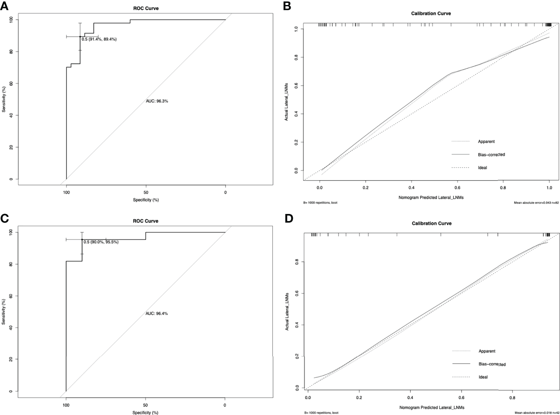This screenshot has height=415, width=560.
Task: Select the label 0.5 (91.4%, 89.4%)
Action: [99, 39]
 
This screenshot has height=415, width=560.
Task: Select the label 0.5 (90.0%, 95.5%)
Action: [101, 242]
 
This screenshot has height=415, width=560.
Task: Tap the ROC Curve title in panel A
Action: [146, 8]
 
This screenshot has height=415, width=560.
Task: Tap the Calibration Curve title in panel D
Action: [431, 224]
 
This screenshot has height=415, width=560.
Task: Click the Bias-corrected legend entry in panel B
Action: [491, 155]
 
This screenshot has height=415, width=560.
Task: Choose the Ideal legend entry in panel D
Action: [483, 377]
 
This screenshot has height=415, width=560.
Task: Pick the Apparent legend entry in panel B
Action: [486, 141]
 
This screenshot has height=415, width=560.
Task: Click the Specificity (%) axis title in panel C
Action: [146, 412]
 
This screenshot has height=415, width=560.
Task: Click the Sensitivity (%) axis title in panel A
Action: [4, 99]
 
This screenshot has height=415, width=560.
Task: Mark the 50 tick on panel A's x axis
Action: [146, 192]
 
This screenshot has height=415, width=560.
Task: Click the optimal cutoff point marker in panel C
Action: [82, 239]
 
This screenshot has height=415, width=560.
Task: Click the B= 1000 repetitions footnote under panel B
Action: [321, 203]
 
